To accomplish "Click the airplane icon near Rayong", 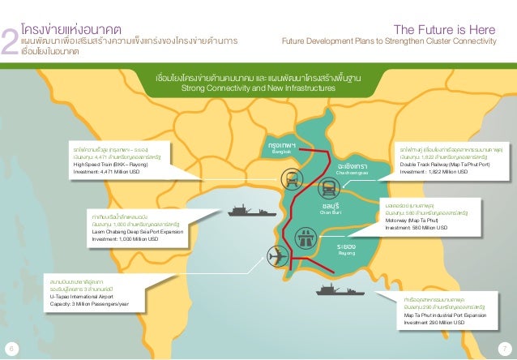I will (276, 256).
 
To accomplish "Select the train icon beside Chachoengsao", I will (330, 188).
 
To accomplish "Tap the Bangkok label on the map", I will (281, 148).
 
